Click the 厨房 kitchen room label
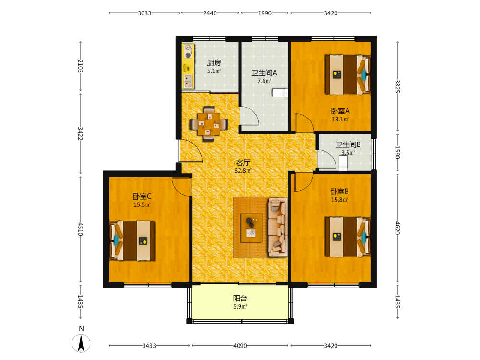[214, 63]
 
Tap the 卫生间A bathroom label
[264, 73]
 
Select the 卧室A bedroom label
[340, 111]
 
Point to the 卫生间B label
[348, 144]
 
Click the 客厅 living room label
[243, 163]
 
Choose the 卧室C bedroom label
[142, 196]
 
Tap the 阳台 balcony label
[240, 299]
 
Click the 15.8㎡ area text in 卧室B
[339, 200]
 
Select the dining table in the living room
[209, 124]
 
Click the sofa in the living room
[277, 228]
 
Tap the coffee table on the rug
[252, 228]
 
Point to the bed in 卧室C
[132, 240]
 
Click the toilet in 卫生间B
[343, 163]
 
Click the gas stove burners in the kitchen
[188, 51]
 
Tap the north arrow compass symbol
[81, 343]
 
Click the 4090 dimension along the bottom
[240, 346]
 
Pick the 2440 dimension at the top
[210, 13]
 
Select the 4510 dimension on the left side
[80, 229]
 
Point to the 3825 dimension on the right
[397, 86]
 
